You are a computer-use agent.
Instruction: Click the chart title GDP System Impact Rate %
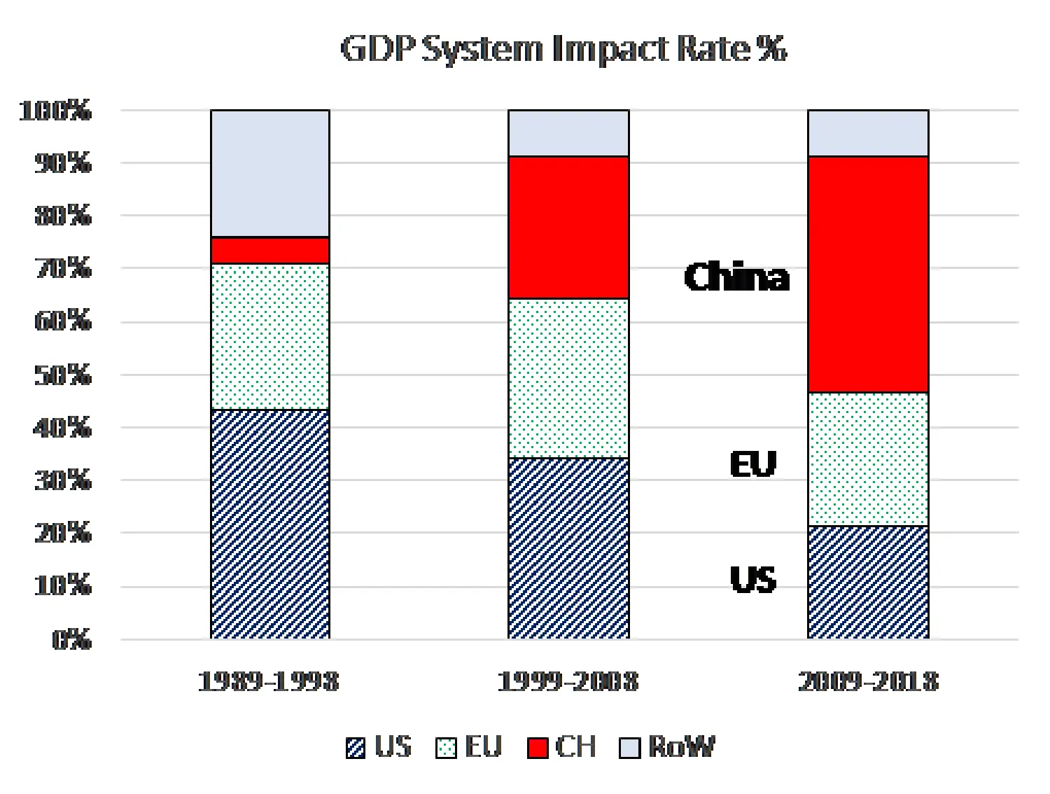coord(563,49)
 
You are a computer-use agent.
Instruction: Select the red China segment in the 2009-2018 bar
coord(868,274)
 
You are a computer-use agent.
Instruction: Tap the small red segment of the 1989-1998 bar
coord(270,250)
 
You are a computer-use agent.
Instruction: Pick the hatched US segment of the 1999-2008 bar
coord(568,548)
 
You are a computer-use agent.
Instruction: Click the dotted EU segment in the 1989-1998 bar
coord(270,336)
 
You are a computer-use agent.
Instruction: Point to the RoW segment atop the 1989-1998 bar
coord(270,173)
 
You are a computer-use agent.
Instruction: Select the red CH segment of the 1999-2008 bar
coord(568,228)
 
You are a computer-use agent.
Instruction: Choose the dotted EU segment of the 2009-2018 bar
coord(868,459)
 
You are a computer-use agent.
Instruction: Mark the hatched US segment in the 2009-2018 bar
coord(868,582)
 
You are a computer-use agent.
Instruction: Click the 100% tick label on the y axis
coord(55,111)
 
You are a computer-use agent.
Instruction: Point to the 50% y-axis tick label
coord(63,375)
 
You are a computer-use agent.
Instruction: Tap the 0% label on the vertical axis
coord(71,639)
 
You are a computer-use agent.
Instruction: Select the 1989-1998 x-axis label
coord(269,681)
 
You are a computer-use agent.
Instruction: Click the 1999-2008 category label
coord(568,681)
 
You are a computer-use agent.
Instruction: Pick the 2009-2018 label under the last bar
coord(868,681)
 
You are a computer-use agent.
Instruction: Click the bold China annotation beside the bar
coord(736,277)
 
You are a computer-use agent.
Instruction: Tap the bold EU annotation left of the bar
coord(753,464)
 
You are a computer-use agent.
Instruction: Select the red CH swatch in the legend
coord(537,748)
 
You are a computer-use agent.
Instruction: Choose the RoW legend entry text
coord(681,747)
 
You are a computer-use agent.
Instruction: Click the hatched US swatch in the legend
coord(356,748)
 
